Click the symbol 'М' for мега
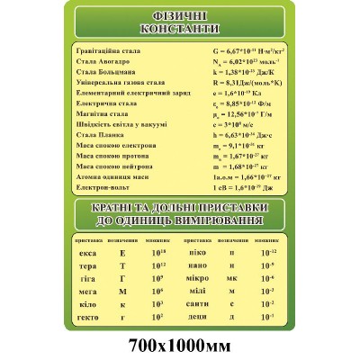pyautogui.click(x=123, y=292)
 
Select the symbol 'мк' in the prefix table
pyautogui.click(x=232, y=279)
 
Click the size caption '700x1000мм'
pyautogui.click(x=180, y=346)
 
